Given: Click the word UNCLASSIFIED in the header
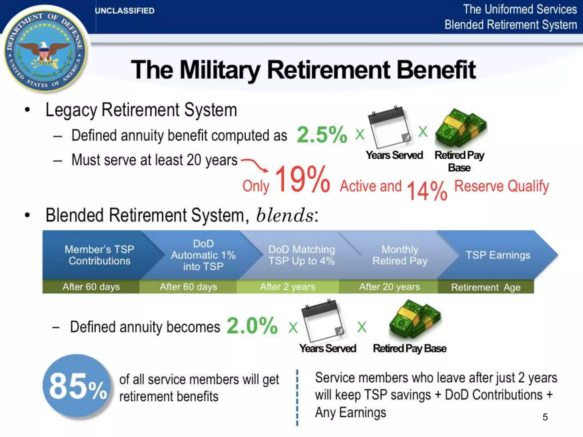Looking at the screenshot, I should click(x=124, y=11).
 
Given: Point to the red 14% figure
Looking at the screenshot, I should click(x=427, y=191).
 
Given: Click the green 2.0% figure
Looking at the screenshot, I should click(x=252, y=326).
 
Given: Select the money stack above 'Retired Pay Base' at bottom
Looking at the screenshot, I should click(x=414, y=320).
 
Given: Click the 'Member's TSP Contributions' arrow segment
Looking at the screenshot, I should click(x=99, y=255).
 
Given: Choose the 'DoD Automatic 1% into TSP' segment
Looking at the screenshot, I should click(x=203, y=255).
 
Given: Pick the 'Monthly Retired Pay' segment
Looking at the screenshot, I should click(x=400, y=255).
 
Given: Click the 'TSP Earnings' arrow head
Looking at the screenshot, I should click(x=498, y=255).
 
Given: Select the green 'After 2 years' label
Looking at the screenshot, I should click(x=288, y=287).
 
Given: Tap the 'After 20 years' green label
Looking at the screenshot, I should click(x=389, y=287).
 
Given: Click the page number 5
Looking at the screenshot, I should click(x=545, y=417).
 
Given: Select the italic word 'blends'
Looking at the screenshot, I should click(x=285, y=215).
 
